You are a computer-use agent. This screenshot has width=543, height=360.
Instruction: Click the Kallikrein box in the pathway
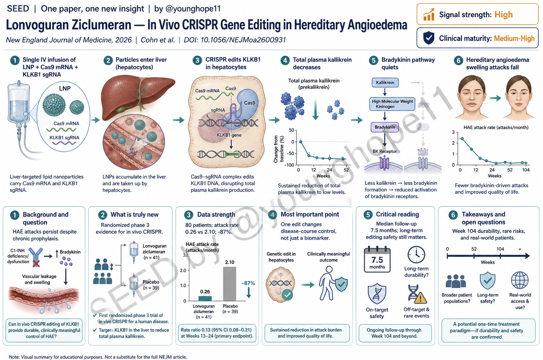pyautogui.click(x=385, y=82)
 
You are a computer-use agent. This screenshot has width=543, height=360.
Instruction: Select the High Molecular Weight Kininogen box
pyautogui.click(x=392, y=104)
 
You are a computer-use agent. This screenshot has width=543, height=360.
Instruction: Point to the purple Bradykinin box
pyautogui.click(x=385, y=127)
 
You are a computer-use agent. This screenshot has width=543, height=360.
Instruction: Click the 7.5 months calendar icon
pyautogui.click(x=377, y=259)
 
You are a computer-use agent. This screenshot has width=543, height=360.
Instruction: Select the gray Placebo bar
pyautogui.click(x=229, y=284)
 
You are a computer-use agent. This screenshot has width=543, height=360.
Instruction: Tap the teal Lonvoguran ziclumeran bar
pyautogui.click(x=205, y=298)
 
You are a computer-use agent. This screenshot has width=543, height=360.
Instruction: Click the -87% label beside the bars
pyautogui.click(x=248, y=283)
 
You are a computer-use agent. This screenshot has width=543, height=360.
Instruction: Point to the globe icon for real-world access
pyautogui.click(x=520, y=280)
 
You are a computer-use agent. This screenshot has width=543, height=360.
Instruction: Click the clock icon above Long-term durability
pyautogui.click(x=416, y=255)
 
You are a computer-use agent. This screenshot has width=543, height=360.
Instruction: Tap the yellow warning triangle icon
pyautogui.click(x=420, y=298)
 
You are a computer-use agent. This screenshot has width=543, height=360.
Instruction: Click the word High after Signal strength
pyautogui.click(x=504, y=15)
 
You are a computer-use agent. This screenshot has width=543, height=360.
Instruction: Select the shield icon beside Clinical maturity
pyautogui.click(x=429, y=38)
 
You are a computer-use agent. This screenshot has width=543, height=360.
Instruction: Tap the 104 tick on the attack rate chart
pyautogui.click(x=526, y=170)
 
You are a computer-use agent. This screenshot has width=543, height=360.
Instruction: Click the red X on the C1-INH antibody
pyautogui.click(x=36, y=264)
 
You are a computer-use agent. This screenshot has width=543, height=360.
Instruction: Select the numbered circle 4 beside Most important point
pyautogui.click(x=273, y=215)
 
